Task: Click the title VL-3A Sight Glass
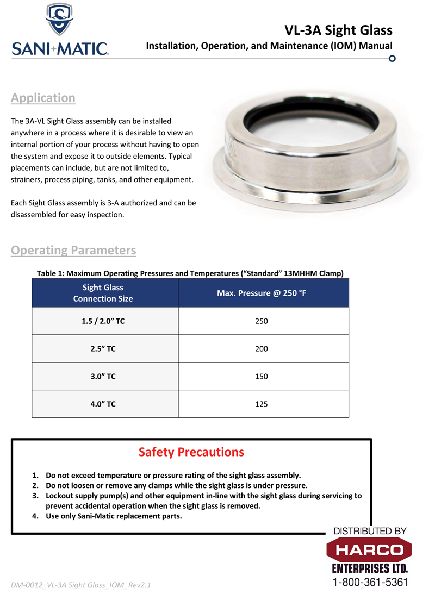click(338, 30)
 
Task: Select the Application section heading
click(43, 98)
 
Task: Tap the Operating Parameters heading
click(73, 251)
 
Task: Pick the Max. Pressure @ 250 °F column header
click(262, 293)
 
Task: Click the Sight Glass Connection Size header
click(103, 293)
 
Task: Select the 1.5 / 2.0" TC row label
click(103, 321)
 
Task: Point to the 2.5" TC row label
click(103, 349)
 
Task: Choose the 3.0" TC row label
click(103, 377)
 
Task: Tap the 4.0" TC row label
click(103, 404)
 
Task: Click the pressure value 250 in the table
click(262, 321)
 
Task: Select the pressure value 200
click(262, 349)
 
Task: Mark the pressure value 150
click(262, 377)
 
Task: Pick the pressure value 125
click(262, 404)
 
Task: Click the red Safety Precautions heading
click(191, 452)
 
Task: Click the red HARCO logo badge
click(369, 550)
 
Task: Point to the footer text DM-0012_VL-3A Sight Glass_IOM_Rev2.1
click(80, 585)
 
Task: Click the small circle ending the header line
click(392, 58)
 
